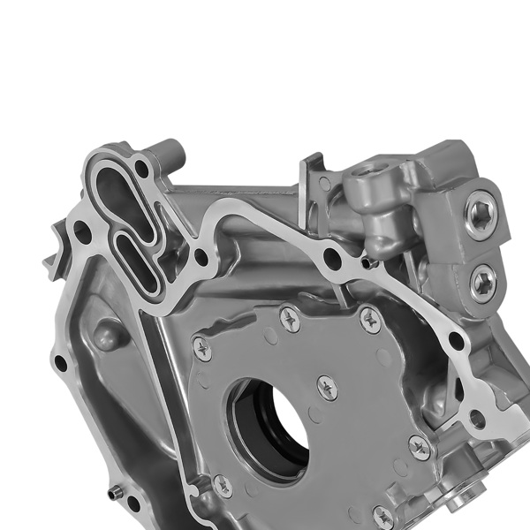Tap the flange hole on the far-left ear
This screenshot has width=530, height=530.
[x=60, y=362]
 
